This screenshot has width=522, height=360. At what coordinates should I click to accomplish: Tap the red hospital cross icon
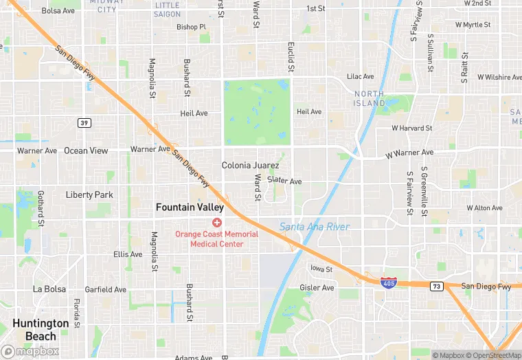(x=217, y=222)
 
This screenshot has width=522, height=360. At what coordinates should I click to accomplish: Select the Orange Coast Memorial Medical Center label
(x=216, y=238)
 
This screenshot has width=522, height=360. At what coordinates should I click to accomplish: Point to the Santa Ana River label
(x=315, y=227)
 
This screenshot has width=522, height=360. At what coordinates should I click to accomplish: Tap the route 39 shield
(x=84, y=122)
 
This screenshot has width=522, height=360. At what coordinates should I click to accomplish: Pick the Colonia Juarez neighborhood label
(x=250, y=166)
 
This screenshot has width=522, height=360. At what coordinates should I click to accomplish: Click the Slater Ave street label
(x=284, y=181)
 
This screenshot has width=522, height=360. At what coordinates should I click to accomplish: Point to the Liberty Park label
(x=89, y=195)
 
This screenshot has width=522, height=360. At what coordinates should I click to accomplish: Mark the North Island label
(x=370, y=98)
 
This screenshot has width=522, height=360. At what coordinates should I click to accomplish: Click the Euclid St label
(x=291, y=57)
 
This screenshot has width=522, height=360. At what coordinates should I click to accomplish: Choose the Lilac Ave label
(x=360, y=76)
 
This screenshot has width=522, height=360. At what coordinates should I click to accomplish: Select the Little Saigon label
(x=168, y=10)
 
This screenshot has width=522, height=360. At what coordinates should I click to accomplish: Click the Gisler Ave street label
(x=316, y=287)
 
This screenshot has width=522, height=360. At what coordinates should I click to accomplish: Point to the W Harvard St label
(x=411, y=128)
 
